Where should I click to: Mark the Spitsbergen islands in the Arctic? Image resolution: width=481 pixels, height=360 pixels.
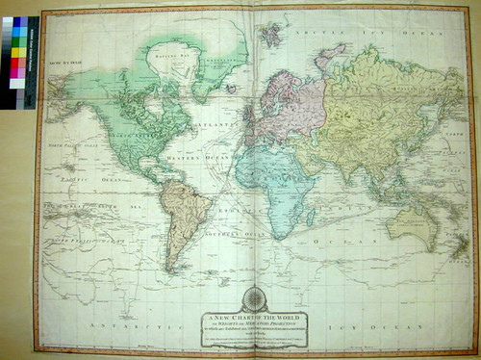(270, 35)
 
